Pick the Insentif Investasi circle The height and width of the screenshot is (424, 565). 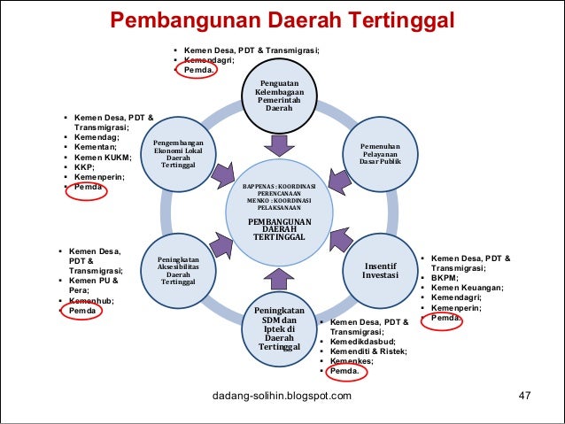click(379, 269)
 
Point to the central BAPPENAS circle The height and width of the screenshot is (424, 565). click(279, 212)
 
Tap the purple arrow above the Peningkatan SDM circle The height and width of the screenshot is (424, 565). click(279, 278)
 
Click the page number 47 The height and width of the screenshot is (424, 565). click(523, 395)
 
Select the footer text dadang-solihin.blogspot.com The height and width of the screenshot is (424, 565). click(282, 395)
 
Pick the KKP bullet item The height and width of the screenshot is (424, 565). click(84, 166)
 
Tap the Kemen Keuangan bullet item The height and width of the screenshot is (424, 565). click(468, 288)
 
